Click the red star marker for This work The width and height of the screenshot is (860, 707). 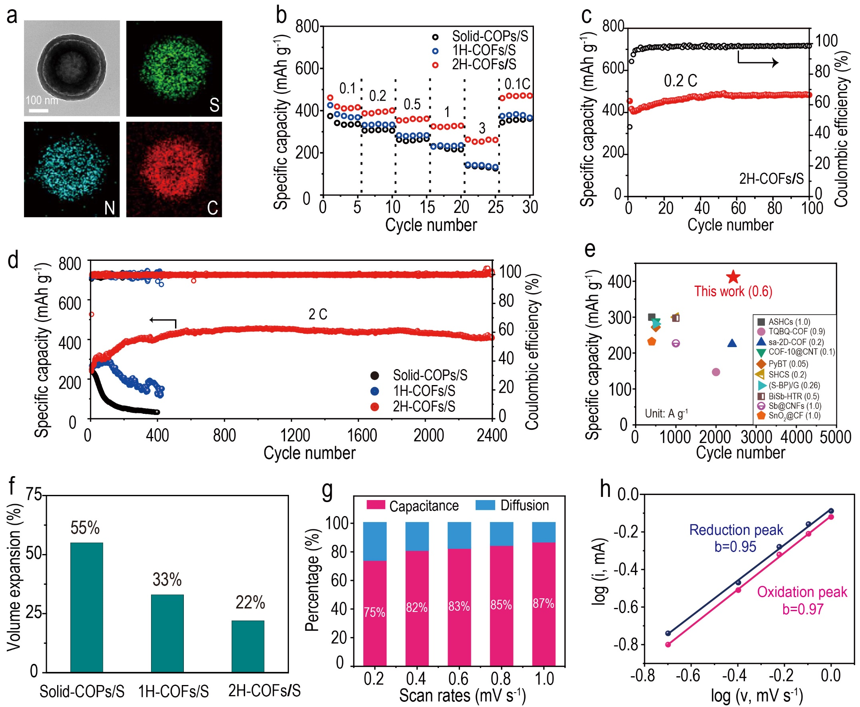click(x=733, y=277)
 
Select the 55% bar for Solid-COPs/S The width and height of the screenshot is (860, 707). click(x=86, y=606)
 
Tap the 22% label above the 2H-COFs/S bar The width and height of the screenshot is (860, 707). click(x=250, y=602)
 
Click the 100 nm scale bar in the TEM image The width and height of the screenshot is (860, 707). click(x=39, y=110)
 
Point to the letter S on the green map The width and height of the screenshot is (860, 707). click(x=214, y=105)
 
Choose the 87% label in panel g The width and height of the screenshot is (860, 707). click(x=543, y=603)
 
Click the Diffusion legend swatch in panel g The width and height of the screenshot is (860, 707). click(x=485, y=505)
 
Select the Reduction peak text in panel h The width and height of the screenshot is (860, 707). click(x=736, y=530)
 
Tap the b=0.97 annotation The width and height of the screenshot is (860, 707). click(x=802, y=609)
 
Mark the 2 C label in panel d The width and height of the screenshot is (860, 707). click(x=318, y=314)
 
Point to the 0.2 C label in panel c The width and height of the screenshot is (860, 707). click(x=680, y=81)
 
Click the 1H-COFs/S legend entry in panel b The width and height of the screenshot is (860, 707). click(x=484, y=50)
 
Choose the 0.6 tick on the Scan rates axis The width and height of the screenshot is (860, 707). click(x=458, y=679)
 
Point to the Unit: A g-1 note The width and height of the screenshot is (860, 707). click(x=667, y=414)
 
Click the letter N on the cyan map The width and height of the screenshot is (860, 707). click(x=109, y=208)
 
